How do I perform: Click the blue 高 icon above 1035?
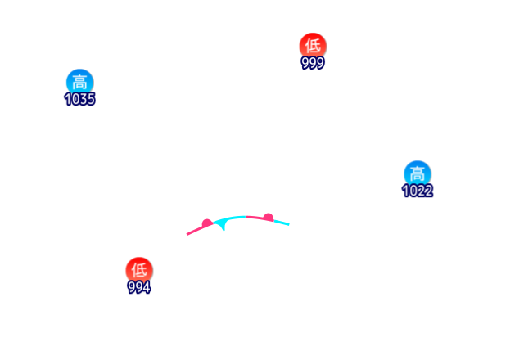coord(79,81)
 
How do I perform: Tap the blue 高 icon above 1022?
coord(417,173)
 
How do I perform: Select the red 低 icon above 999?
coord(312,45)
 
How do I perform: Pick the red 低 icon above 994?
coord(138,269)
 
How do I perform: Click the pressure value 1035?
coord(79,99)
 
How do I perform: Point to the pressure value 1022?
coord(417,191)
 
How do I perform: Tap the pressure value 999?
coord(312,63)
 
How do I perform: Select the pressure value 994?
coord(138,287)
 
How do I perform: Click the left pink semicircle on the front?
coord(207,223)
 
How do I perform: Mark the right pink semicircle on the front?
coord(268,217)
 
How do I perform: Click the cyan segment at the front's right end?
coord(281,221)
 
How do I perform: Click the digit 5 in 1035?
coord(91,99)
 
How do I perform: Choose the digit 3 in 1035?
coord(84,99)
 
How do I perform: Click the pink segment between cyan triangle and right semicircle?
coord(254,216)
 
